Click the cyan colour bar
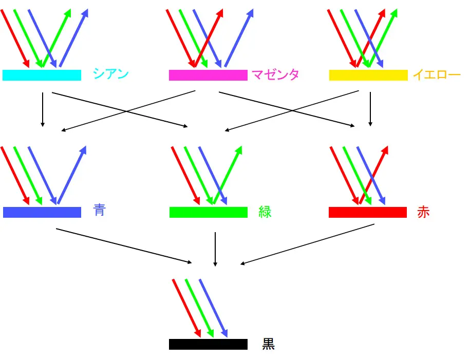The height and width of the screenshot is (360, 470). tap(42, 75)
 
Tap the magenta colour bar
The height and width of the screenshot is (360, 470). tap(208, 75)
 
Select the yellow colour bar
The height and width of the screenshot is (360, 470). tap(368, 75)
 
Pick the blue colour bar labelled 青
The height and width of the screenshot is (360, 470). tap(42, 212)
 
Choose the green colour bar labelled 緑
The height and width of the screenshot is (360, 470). tap(209, 212)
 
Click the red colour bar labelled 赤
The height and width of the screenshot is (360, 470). tap(368, 212)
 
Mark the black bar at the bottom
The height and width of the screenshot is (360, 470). tap(208, 344)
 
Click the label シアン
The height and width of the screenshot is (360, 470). tap(110, 74)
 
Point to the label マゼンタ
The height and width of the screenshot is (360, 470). tap(276, 75)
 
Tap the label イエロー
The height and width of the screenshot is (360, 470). tap(437, 75)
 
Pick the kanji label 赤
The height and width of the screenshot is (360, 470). tap(423, 212)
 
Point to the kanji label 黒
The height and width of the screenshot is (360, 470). tap(269, 344)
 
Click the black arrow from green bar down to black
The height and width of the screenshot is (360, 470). tap(215, 249)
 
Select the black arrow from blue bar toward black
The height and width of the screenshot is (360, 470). tap(123, 245)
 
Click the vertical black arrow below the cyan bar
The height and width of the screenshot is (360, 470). tap(43, 109)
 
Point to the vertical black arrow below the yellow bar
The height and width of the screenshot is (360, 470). tap(370, 109)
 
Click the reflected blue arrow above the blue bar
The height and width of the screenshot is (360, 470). tap(72, 175)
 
